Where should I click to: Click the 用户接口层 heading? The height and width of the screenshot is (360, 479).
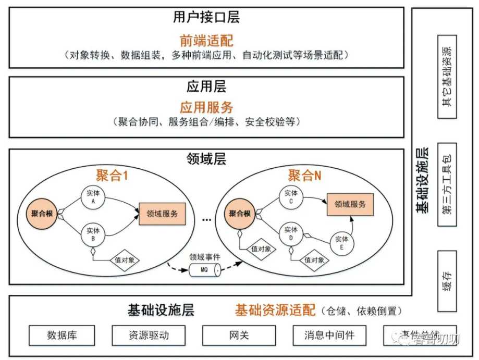pyautogui.click(x=206, y=18)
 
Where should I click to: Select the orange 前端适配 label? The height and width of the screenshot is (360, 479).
pyautogui.click(x=206, y=40)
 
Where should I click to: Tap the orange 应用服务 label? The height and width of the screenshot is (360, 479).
pyautogui.click(x=206, y=107)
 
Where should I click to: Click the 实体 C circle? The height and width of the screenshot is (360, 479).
pyautogui.click(x=291, y=197)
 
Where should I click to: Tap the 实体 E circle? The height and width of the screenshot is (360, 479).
pyautogui.click(x=342, y=243)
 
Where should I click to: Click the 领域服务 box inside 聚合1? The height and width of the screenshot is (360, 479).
pyautogui.click(x=162, y=213)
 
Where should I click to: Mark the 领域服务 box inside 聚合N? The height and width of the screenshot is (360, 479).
pyautogui.click(x=350, y=204)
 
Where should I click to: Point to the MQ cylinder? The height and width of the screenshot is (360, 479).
pyautogui.click(x=204, y=270)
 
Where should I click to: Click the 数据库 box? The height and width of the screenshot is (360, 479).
pyautogui.click(x=62, y=335)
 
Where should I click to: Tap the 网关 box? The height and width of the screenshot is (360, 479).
pyautogui.click(x=239, y=335)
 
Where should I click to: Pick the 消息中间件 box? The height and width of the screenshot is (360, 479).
pyautogui.click(x=329, y=335)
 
